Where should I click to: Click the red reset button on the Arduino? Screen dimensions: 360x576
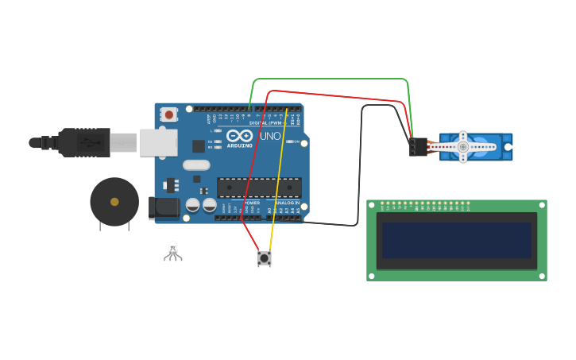click(168, 114)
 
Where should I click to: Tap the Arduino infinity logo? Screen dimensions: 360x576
click(239, 137)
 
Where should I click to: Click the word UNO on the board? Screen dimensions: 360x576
click(270, 137)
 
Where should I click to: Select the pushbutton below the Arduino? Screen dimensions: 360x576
click(264, 257)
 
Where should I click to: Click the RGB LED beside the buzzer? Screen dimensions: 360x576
click(173, 250)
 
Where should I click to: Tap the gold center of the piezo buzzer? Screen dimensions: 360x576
click(114, 202)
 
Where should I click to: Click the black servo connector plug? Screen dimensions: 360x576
click(418, 147)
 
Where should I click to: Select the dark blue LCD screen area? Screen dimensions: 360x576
click(457, 240)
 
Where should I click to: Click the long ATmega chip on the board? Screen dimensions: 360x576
click(259, 188)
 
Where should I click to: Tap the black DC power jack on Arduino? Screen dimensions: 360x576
click(164, 208)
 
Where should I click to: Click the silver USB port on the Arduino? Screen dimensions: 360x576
click(159, 142)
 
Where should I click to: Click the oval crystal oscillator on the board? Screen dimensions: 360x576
click(196, 165)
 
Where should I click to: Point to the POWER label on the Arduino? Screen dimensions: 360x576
click(252, 203)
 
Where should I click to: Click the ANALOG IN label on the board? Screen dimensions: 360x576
click(287, 203)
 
